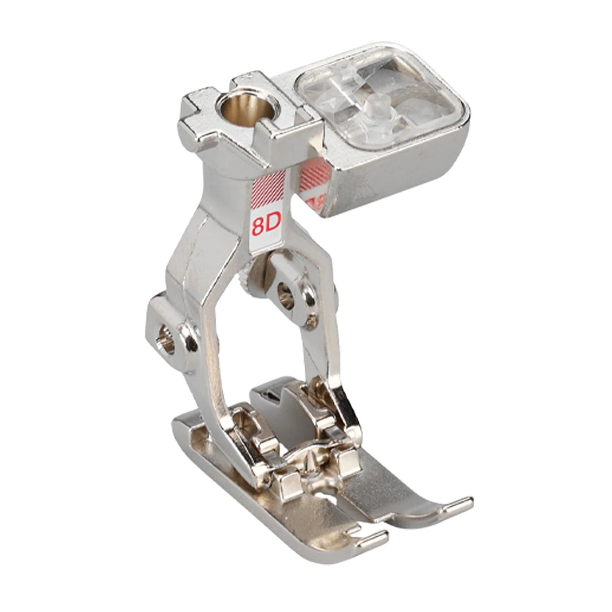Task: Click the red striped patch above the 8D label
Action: pyautogui.click(x=269, y=188)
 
